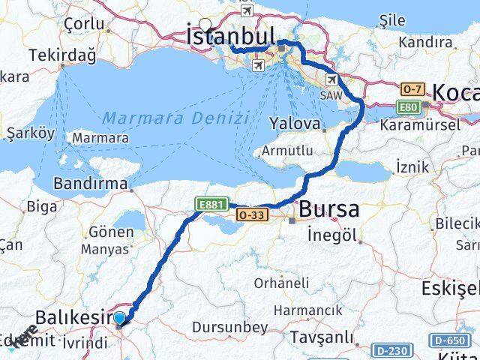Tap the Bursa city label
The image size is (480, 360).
(328, 211)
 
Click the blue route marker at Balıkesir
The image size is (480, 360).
(120, 319)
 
